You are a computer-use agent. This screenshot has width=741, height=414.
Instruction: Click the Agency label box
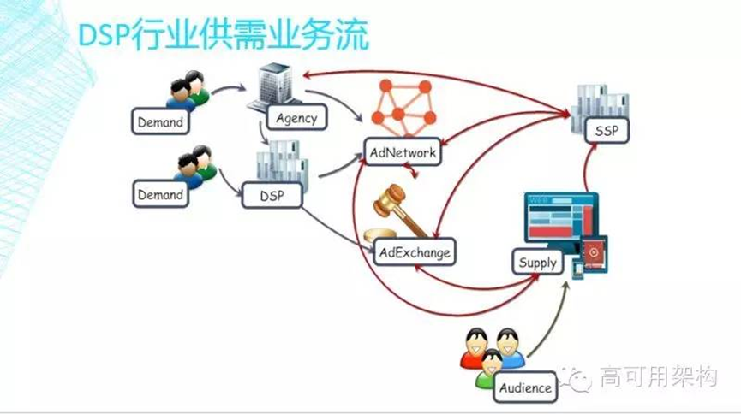click(296, 117)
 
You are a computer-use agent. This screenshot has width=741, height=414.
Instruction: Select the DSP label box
click(272, 195)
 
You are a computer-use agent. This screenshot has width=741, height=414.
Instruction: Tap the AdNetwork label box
click(403, 152)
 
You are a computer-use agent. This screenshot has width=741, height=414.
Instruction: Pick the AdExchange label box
click(415, 252)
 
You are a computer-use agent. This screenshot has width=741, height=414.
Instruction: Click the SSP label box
click(607, 130)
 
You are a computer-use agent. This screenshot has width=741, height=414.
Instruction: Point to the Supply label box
click(537, 262)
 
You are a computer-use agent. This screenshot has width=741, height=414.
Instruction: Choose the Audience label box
click(525, 387)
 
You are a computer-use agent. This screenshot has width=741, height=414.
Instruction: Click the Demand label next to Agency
click(160, 121)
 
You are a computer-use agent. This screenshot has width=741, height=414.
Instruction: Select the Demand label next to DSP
click(160, 194)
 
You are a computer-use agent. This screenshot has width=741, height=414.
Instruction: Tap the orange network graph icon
click(403, 108)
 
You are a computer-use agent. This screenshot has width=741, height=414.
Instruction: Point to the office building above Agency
click(274, 87)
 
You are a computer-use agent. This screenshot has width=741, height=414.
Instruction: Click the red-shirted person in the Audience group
click(474, 349)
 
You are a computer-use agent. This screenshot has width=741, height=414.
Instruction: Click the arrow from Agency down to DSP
click(262, 133)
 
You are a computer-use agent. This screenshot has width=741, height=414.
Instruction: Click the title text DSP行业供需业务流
click(223, 35)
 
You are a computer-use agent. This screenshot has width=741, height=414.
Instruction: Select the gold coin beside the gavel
click(379, 234)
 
